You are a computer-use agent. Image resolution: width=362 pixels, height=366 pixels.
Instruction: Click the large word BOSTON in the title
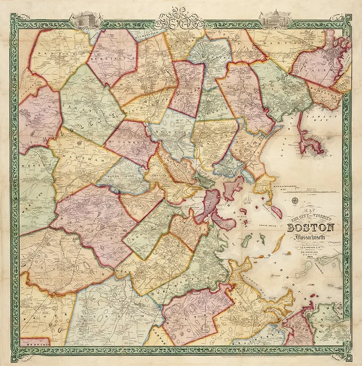311,228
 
